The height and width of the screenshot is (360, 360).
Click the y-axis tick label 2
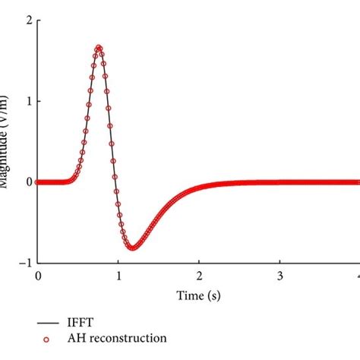(28, 21)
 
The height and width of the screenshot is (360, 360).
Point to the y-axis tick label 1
(28, 101)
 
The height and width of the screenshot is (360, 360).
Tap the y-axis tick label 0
(28, 182)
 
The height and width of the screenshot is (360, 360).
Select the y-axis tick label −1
(25, 263)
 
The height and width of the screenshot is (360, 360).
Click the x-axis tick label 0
(38, 276)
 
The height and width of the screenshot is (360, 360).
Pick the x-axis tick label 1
(118, 276)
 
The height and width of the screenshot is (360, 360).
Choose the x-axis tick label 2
(199, 276)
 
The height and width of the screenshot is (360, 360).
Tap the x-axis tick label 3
(279, 276)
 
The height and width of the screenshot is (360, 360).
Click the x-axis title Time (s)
(198, 294)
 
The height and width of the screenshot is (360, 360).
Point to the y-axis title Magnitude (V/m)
(5, 144)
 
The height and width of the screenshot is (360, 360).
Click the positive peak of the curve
(99, 48)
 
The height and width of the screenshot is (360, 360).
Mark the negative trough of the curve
(132, 248)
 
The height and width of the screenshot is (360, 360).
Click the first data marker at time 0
(39, 182)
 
